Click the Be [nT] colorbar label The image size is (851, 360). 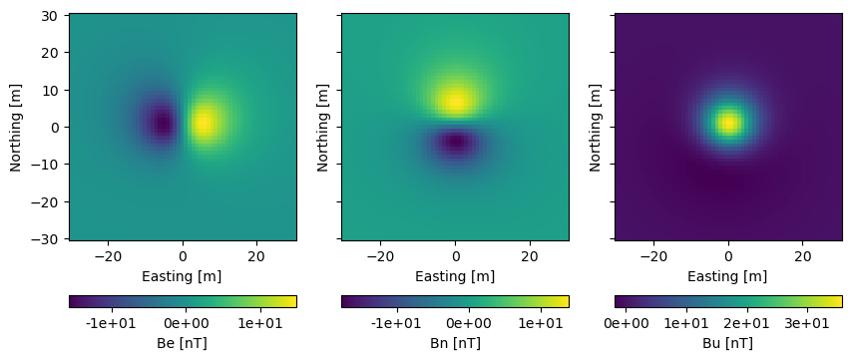[x=183, y=343]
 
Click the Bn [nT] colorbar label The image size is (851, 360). [x=455, y=343]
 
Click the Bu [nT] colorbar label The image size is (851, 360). [x=728, y=343]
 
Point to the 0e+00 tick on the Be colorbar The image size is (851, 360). [x=186, y=323]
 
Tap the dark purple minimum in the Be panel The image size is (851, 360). [x=163, y=124]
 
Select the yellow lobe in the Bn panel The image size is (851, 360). [x=455, y=101]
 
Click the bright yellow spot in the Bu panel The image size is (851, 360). [x=728, y=124]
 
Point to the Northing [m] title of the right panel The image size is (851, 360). [x=597, y=127]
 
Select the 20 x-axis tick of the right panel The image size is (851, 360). [x=802, y=255]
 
